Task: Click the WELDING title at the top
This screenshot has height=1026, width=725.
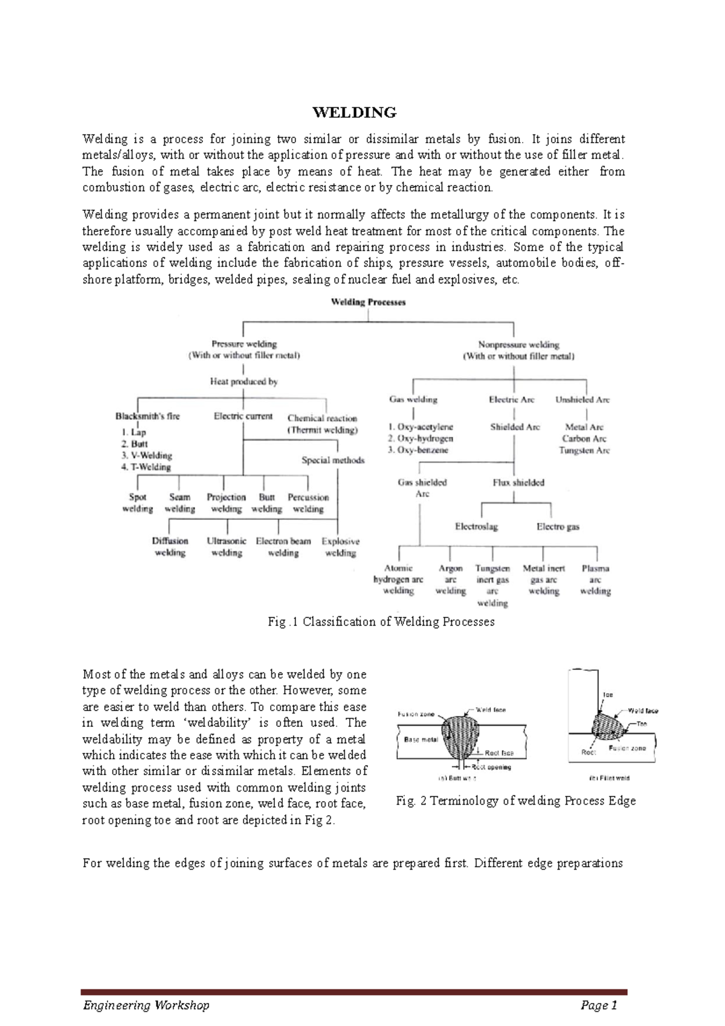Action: click(x=354, y=113)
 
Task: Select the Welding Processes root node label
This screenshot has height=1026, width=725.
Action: click(x=368, y=302)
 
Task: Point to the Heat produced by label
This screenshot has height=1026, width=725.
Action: click(x=243, y=381)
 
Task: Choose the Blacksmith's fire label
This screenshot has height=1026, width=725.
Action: click(x=147, y=416)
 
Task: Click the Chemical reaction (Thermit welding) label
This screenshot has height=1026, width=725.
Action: click(x=322, y=424)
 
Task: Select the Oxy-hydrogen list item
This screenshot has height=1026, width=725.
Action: click(x=420, y=439)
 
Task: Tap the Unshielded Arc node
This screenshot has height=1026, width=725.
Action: click(x=582, y=399)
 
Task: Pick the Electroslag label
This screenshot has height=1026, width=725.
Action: click(x=476, y=526)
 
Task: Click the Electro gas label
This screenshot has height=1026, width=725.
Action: click(x=558, y=526)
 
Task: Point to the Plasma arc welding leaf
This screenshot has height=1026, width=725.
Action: click(x=595, y=579)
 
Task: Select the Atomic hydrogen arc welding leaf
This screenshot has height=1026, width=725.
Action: click(x=398, y=579)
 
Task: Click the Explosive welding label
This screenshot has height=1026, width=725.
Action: click(x=340, y=547)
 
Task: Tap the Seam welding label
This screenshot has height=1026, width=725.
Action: click(x=179, y=503)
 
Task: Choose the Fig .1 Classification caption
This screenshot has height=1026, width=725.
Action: click(x=381, y=622)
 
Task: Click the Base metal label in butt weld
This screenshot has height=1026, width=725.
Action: click(x=420, y=740)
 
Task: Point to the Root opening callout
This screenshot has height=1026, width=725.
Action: click(x=491, y=767)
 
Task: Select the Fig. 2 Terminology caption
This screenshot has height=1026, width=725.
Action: click(x=515, y=801)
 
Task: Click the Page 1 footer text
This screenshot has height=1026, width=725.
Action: click(x=598, y=1005)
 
